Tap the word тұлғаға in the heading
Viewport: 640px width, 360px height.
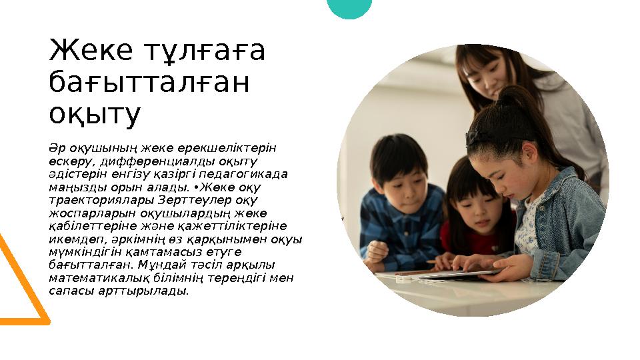tap(204, 51)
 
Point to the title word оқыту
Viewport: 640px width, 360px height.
tap(95, 115)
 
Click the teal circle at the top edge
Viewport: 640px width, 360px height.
tap(350, 8)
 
